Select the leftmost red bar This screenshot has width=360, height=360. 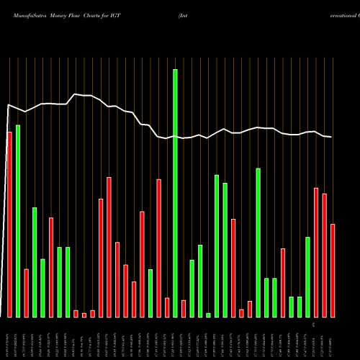(9, 224)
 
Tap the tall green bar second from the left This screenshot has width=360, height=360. (18, 220)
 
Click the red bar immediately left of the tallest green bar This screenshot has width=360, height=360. (167, 307)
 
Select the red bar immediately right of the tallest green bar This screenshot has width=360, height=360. (184, 308)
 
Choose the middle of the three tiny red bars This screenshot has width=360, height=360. (84, 315)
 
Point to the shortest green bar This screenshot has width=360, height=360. (208, 315)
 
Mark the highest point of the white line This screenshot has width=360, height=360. (76, 94)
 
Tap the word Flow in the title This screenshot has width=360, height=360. (79, 14)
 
